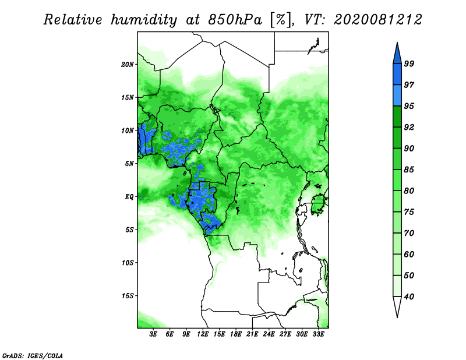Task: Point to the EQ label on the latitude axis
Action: click(129, 196)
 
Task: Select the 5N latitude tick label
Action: click(129, 164)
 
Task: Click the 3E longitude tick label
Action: click(154, 334)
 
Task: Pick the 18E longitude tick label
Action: click(236, 334)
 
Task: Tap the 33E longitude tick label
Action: click(318, 334)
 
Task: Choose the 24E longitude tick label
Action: click(269, 334)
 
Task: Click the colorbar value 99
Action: click(409, 63)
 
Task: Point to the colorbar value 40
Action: click(409, 297)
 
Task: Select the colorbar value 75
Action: click(409, 212)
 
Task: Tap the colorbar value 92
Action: click(409, 127)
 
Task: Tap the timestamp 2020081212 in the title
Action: click(377, 20)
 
